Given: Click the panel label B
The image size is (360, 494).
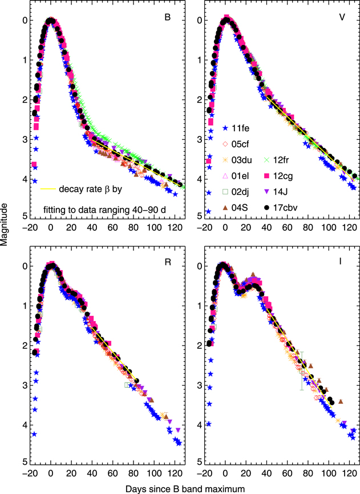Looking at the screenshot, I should click(x=168, y=17).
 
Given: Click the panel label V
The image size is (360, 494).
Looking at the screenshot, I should click(x=341, y=17).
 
